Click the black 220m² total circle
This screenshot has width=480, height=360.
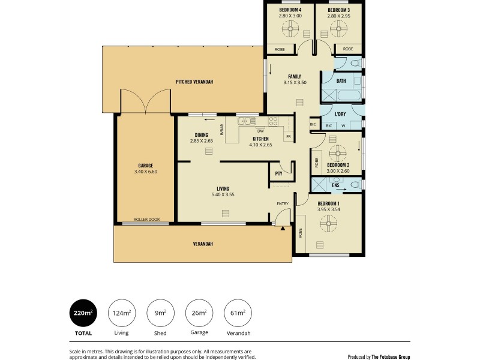coord(83,313)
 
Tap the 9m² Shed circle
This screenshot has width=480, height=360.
coord(160,313)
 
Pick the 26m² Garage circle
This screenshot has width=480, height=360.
coord(199,313)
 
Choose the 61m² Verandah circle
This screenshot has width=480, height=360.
coord(238,313)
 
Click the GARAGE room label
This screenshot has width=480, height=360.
coord(145,166)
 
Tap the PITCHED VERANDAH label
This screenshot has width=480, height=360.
coord(194,82)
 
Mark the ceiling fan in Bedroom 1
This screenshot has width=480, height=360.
coord(328,223)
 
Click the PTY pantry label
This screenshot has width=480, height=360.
coord(278,173)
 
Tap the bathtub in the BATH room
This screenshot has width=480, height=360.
coord(341,95)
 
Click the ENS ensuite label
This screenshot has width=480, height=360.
coord(335,186)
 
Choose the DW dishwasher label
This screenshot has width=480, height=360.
coord(260,131)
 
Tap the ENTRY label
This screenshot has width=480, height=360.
coord(282,204)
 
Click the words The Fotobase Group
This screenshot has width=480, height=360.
coord(391,356)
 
